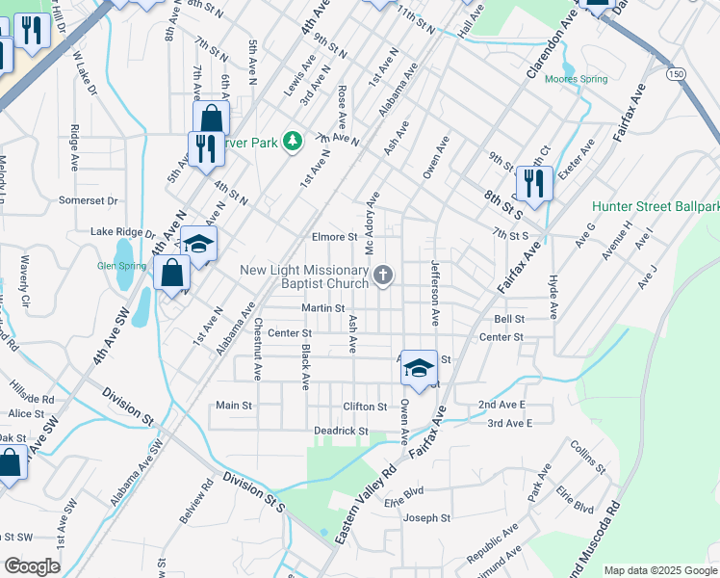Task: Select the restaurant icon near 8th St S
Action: tap(534, 182)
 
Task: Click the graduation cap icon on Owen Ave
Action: tap(419, 367)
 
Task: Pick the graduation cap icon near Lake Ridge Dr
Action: tap(198, 244)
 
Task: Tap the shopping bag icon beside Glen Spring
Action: tap(171, 274)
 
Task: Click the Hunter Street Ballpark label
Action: tap(656, 206)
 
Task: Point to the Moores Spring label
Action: tap(577, 79)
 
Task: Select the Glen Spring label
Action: tap(119, 266)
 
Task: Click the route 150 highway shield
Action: tap(678, 74)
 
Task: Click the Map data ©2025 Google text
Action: tap(661, 570)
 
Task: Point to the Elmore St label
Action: tap(334, 236)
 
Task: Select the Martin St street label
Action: tap(322, 308)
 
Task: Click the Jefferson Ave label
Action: tap(435, 292)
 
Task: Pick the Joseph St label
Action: tap(426, 518)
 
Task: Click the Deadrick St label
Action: tap(341, 431)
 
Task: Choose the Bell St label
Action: tap(509, 318)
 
